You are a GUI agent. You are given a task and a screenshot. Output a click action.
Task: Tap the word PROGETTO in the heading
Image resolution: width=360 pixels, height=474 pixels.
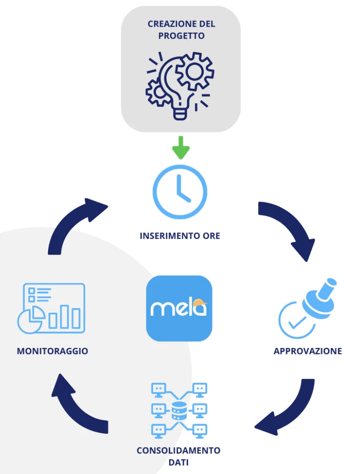tap(181, 36)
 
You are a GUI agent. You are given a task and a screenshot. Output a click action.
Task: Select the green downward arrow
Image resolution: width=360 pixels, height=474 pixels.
tap(180, 147)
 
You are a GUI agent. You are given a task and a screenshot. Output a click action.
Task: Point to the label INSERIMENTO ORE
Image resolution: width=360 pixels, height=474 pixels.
tap(180, 236)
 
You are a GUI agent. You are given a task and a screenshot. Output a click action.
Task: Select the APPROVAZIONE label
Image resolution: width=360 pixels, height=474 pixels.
tap(308, 351)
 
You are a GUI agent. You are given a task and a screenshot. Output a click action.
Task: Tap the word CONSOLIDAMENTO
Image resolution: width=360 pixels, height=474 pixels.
tap(179, 451)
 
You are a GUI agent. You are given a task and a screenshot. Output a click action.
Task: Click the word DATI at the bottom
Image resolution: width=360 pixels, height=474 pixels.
tap(178, 463)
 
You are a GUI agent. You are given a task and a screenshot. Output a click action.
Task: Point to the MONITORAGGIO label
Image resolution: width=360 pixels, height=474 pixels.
tap(52, 351)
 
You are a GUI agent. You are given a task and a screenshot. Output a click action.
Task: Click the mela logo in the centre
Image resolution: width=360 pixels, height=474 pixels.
tap(179, 308)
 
